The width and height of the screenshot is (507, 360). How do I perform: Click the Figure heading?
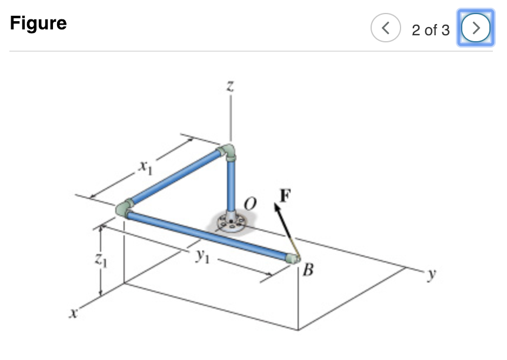coord(38,24)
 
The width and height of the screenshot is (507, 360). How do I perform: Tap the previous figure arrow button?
coord(385,28)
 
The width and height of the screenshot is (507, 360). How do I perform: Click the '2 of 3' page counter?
coord(431,30)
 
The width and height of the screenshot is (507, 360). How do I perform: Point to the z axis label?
coord(230,86)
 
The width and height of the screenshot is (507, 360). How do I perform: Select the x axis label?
coord(74,313)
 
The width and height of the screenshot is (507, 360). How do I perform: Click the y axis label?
coord(432,274)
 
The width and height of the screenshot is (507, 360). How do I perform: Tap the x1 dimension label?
coord(145,167)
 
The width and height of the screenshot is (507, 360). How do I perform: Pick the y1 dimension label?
coord(203,256)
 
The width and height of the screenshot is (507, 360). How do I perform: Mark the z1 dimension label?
coord(101,259)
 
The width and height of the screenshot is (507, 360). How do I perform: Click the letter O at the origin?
coord(250,204)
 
